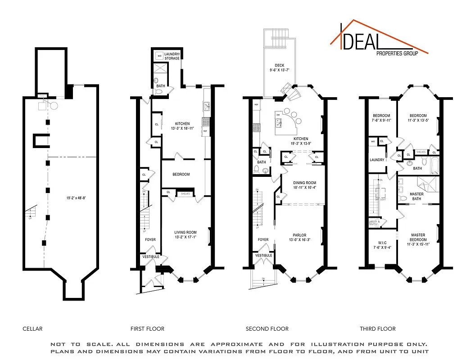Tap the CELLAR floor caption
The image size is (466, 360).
click(32, 328)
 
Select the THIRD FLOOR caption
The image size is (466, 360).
click(377, 328)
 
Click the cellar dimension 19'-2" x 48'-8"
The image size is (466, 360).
click(74, 197)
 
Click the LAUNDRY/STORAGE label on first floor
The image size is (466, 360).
click(172, 56)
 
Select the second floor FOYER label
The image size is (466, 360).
click(263, 240)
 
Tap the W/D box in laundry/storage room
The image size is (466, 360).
click(159, 56)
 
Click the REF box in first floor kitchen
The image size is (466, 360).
click(205, 131)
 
